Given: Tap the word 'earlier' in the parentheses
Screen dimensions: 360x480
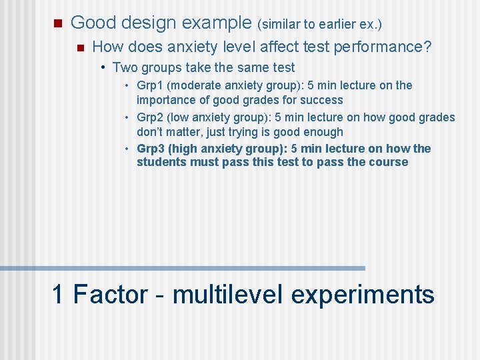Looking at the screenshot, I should click(x=328, y=25).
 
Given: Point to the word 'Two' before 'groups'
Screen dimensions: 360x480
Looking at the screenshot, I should click(x=125, y=67).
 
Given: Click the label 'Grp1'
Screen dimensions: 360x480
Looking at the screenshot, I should click(x=150, y=85).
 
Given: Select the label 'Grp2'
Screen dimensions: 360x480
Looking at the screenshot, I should click(x=150, y=117).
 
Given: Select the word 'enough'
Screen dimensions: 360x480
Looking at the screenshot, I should click(x=322, y=132).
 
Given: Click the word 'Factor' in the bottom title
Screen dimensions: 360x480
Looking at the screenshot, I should click(x=110, y=294).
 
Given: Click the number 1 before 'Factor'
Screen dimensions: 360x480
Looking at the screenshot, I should click(x=59, y=294).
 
